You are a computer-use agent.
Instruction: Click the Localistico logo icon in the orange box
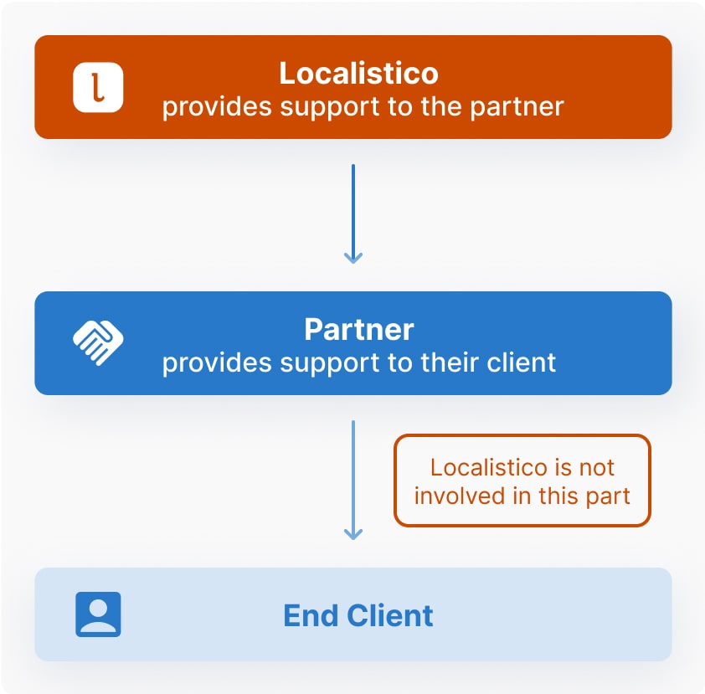click(98, 87)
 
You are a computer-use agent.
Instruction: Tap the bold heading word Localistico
click(358, 74)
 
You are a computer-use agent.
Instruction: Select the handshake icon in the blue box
click(98, 342)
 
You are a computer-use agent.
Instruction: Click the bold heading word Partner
click(358, 330)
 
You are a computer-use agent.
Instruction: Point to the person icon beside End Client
click(98, 614)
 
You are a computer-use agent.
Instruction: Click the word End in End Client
click(306, 616)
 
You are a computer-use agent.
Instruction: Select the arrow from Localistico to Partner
click(353, 209)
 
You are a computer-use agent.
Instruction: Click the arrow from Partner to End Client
click(353, 473)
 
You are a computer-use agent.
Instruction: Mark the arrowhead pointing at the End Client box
click(353, 532)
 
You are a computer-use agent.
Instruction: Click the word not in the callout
click(597, 467)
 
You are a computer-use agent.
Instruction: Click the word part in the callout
click(608, 496)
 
